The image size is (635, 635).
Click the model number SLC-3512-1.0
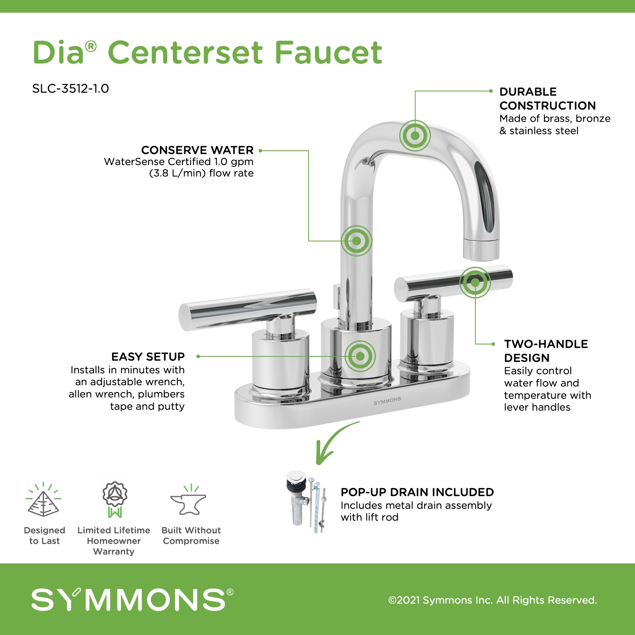tap(71, 88)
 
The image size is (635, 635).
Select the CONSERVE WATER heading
tap(197, 150)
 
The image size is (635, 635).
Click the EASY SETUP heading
tap(148, 356)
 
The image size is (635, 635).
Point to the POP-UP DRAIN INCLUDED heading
tap(417, 492)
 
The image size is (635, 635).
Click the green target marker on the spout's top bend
tap(415, 135)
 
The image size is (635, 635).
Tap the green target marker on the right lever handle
tap(475, 282)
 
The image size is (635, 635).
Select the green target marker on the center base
tap(360, 356)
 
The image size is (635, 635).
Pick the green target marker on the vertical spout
tap(357, 240)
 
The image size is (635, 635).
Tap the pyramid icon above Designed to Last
tap(43, 500)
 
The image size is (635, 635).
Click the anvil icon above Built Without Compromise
tap(188, 500)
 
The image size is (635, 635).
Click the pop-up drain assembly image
tap(307, 502)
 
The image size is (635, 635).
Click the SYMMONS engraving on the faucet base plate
tap(387, 401)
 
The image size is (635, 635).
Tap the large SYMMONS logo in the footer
tap(132, 599)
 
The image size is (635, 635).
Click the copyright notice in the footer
tap(493, 600)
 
